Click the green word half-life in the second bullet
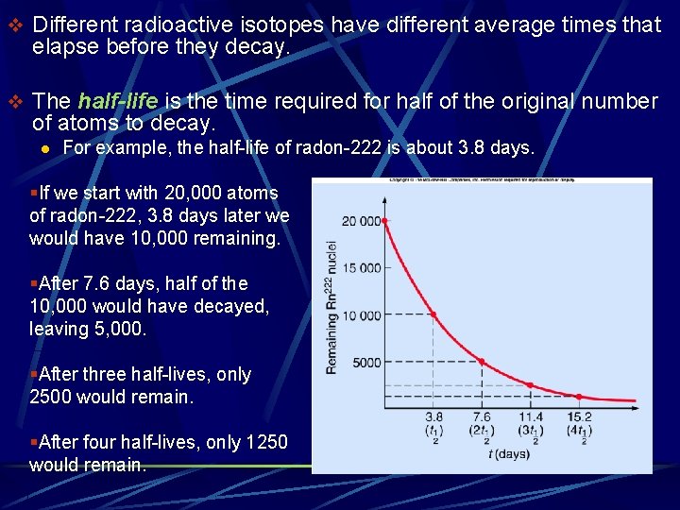point(122,101)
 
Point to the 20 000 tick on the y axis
point(362,221)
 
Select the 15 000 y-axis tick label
point(362,267)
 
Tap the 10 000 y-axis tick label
point(362,314)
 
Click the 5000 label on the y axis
point(365,363)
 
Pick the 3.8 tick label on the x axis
point(433,416)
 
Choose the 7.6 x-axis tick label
point(482,416)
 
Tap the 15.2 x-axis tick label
point(579,416)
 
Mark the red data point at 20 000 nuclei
point(385,221)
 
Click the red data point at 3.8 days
point(433,314)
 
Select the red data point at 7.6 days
point(482,362)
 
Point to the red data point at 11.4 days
point(530,385)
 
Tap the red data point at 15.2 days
point(579,397)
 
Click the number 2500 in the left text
point(50,397)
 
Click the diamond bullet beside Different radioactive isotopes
point(13,25)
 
